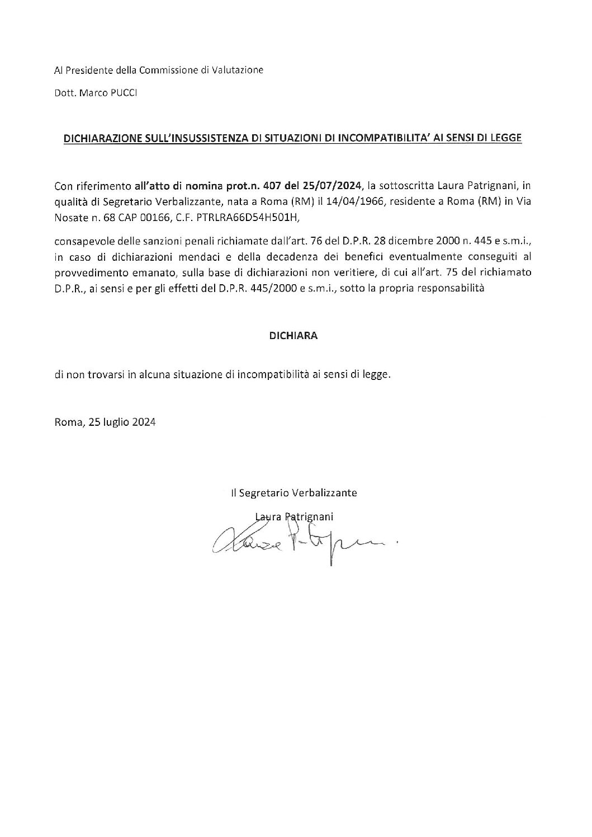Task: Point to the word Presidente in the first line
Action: click(x=86, y=70)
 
